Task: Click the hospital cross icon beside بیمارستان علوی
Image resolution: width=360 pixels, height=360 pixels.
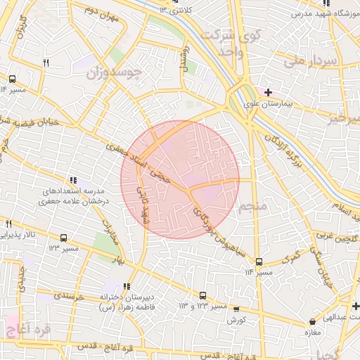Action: (268, 92)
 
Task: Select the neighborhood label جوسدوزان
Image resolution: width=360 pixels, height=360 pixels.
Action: (115, 72)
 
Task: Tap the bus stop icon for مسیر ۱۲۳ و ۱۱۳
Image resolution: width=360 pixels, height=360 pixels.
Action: (202, 296)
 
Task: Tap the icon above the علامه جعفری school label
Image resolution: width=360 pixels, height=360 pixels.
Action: (75, 180)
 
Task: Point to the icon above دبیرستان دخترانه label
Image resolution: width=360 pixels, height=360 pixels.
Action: (127, 286)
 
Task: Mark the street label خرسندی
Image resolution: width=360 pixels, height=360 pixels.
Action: (69, 297)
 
